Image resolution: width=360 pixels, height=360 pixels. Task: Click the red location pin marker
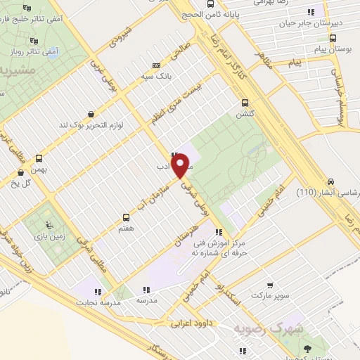coord(181,166)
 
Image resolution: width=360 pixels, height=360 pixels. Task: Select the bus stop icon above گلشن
coord(245,101)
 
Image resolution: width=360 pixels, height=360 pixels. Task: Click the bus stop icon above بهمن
coord(39,159)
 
